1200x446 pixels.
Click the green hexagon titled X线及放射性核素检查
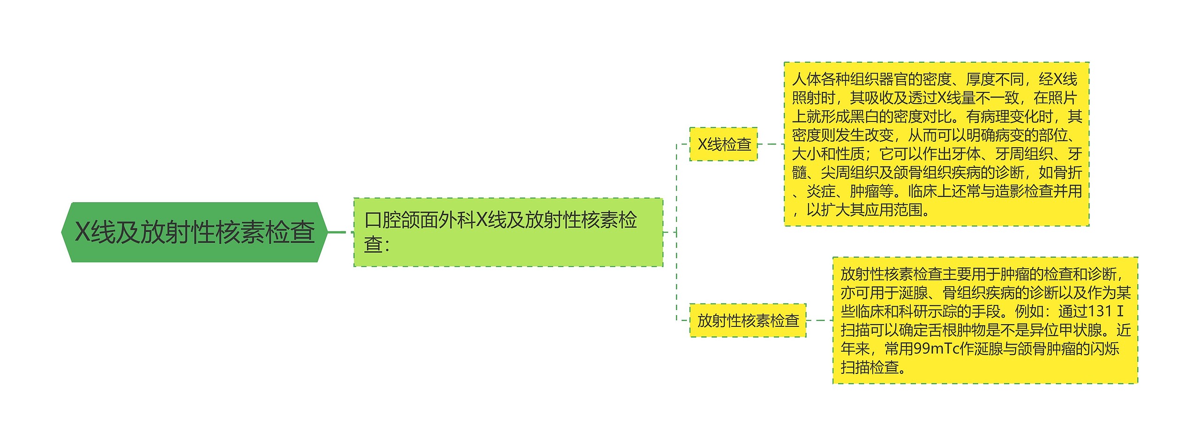(x=194, y=232)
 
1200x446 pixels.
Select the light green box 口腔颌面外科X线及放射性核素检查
(x=508, y=232)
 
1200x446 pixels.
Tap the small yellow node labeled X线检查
(x=723, y=144)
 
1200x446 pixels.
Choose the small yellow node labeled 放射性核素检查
(x=748, y=320)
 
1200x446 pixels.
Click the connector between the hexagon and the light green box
(x=341, y=232)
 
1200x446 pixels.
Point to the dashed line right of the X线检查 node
(x=771, y=144)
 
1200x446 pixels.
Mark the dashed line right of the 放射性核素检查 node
(x=819, y=320)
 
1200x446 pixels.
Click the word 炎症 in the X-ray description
(x=821, y=191)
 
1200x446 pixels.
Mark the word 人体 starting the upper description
(x=806, y=79)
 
